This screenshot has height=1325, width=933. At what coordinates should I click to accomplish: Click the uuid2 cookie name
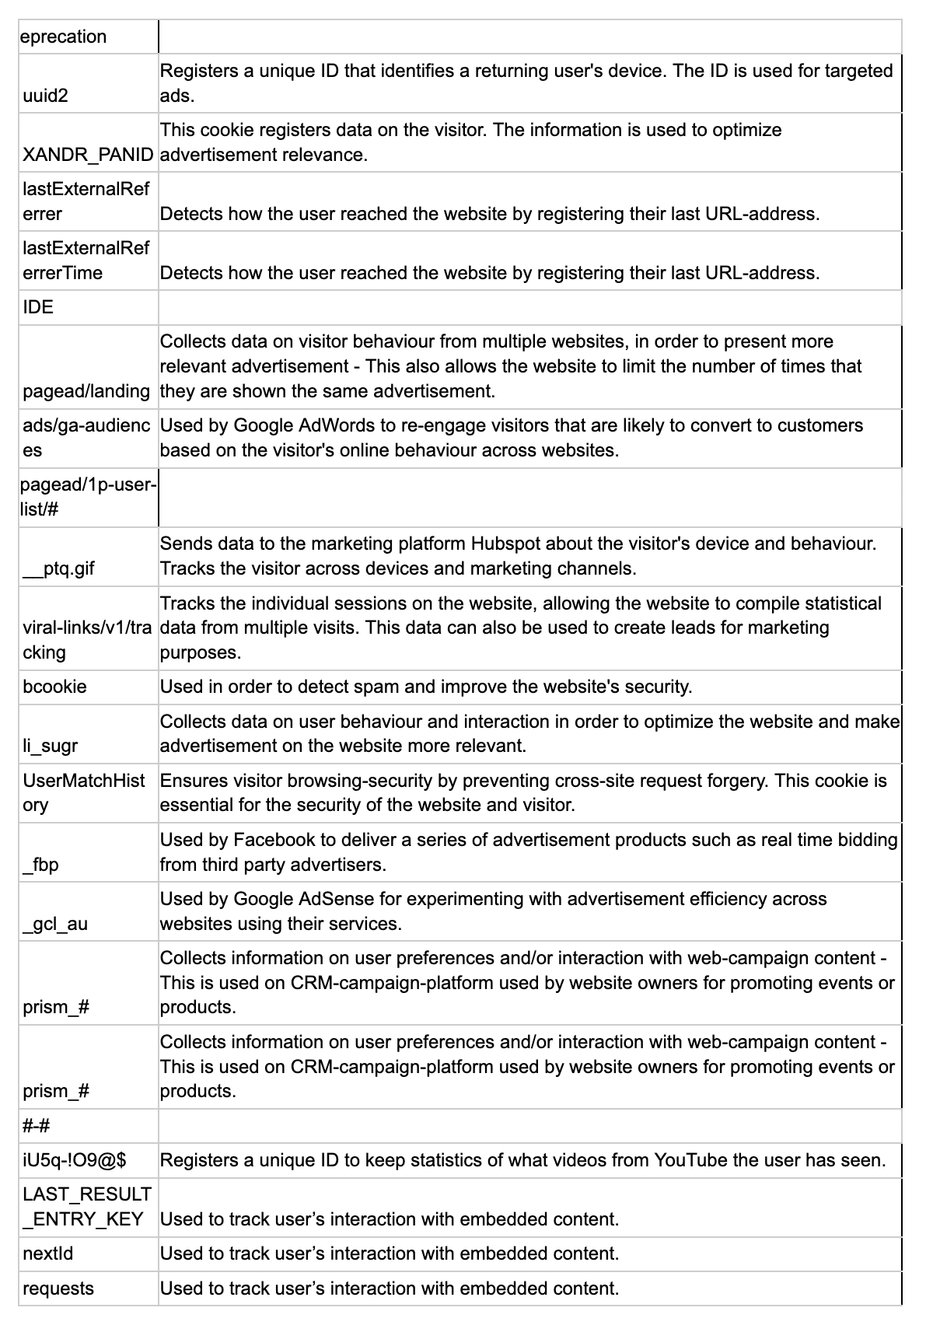(45, 96)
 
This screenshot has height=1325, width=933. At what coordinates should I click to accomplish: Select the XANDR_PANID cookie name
(88, 155)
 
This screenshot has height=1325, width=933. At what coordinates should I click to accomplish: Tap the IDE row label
(38, 307)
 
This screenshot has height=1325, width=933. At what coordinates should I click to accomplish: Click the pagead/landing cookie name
(86, 391)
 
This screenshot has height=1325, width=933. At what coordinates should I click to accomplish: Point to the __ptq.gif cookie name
(58, 568)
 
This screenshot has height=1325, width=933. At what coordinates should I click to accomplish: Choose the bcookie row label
(54, 687)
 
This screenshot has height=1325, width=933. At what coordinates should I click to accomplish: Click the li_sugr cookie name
(51, 746)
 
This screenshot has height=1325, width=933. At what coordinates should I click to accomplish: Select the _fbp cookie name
(40, 864)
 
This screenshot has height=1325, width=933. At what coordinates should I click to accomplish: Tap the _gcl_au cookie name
(55, 924)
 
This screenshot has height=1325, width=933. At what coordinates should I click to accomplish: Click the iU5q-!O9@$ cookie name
(75, 1160)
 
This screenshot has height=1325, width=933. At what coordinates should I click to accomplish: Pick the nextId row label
(47, 1253)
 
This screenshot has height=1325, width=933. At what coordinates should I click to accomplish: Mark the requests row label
(58, 1288)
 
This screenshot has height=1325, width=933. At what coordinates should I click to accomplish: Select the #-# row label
(37, 1126)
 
